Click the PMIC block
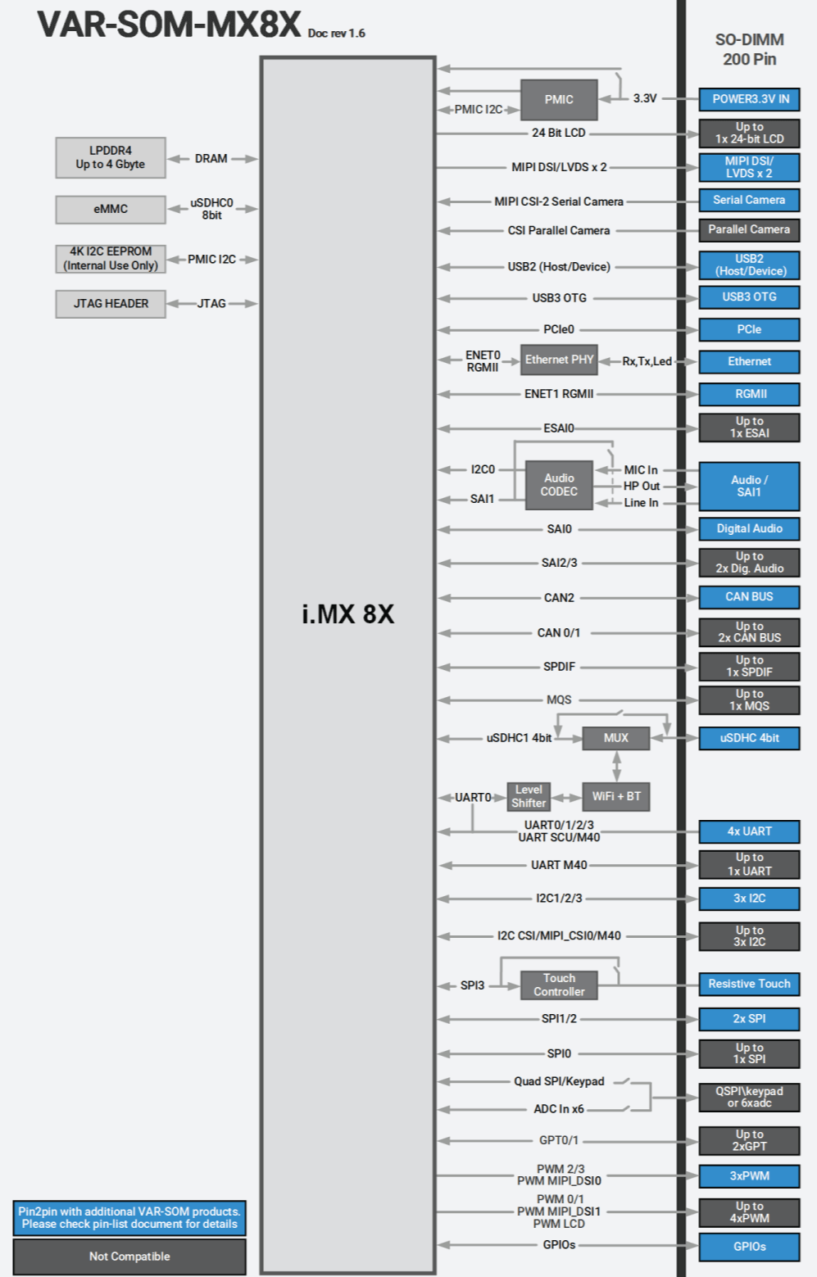click(x=559, y=99)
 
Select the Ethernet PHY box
click(x=559, y=360)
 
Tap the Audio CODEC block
click(x=559, y=485)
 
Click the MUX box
click(x=615, y=738)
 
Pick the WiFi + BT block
click(x=615, y=796)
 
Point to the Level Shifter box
click(x=529, y=796)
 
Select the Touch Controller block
click(x=559, y=985)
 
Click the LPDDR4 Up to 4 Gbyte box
click(x=111, y=157)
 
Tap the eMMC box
click(x=111, y=209)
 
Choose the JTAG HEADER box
click(x=111, y=303)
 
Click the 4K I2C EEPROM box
click(x=111, y=258)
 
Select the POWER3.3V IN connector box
click(x=749, y=99)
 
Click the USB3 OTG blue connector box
click(x=749, y=297)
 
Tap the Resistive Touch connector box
click(x=749, y=984)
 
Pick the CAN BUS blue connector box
click(x=749, y=596)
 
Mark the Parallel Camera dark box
click(x=749, y=229)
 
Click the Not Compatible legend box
click(x=129, y=1256)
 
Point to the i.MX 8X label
click(x=347, y=614)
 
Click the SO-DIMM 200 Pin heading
click(x=749, y=49)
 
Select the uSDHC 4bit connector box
click(x=749, y=738)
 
